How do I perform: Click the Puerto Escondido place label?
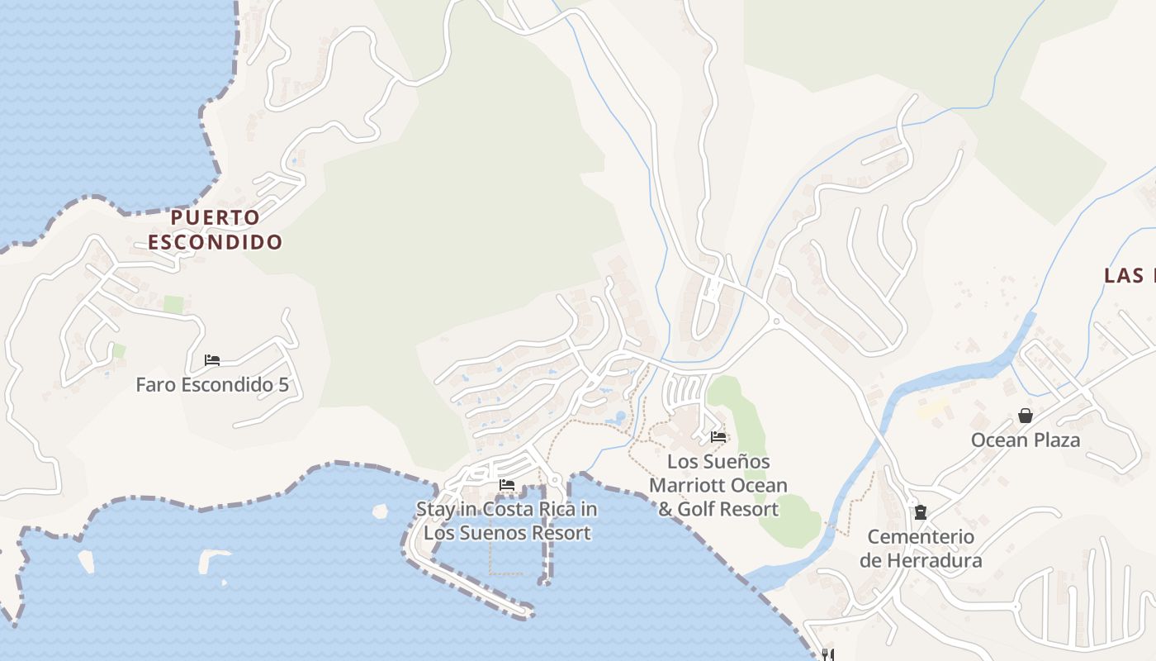tap(215, 230)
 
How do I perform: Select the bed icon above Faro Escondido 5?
tap(212, 360)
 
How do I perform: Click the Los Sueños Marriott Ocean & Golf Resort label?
tap(718, 485)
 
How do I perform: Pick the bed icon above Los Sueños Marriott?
tap(718, 437)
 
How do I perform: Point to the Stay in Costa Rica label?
tap(506, 521)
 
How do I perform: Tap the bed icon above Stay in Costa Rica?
tap(507, 485)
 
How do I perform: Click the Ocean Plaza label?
tap(1026, 440)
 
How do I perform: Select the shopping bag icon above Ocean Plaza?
tap(1026, 416)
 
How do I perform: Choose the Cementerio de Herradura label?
tap(921, 549)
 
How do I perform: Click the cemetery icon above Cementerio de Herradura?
tap(921, 512)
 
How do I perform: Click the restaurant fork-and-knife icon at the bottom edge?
tap(827, 654)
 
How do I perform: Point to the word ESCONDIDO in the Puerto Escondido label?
tap(215, 242)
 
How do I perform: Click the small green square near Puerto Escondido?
tap(173, 304)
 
